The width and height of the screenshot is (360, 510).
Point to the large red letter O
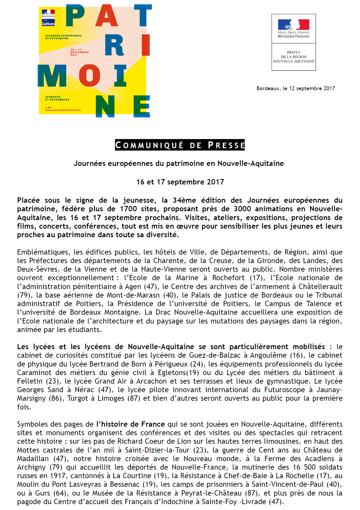[x=89, y=75]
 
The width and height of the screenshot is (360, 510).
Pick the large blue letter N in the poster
[x=105, y=106]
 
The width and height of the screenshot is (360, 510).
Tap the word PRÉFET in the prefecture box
[x=294, y=52]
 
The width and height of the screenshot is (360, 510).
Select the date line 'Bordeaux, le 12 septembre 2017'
[x=296, y=88]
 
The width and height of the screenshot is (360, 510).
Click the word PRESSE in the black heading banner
[x=226, y=145]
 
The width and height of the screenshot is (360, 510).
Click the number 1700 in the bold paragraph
[x=128, y=209]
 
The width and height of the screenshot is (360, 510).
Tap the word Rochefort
[x=228, y=278]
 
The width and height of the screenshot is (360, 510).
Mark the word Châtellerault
[x=320, y=287]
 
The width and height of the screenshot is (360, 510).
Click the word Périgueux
[x=171, y=364]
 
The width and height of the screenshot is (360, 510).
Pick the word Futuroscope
[x=285, y=390]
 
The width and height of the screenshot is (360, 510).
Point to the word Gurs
[x=43, y=493]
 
